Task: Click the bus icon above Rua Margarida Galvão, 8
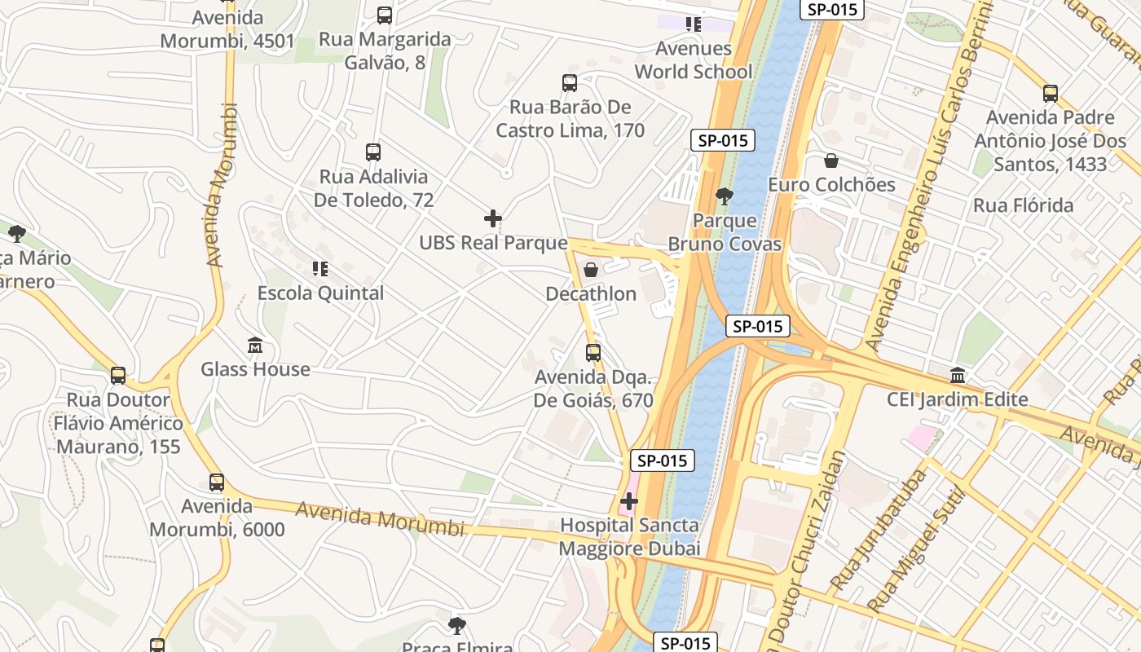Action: [x=385, y=15]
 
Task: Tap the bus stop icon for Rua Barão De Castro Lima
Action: [x=570, y=82]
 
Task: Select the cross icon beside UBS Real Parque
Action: [x=493, y=218]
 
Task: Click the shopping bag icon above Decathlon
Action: [x=591, y=269]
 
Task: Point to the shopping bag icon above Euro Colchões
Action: [x=831, y=161]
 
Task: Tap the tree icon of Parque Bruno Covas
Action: [x=723, y=196]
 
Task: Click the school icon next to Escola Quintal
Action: [x=320, y=268]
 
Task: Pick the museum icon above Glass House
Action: [x=255, y=345]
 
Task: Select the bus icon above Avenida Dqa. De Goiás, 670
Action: [x=593, y=353]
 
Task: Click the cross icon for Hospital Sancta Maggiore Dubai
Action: [x=629, y=501]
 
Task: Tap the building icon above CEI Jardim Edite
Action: [x=958, y=376]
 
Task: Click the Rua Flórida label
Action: [x=1023, y=205]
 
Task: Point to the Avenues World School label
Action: [x=694, y=60]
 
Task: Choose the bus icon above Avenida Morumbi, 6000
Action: [x=217, y=482]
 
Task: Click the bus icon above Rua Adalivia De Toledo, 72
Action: [x=373, y=152]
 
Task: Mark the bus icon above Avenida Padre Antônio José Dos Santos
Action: [x=1051, y=94]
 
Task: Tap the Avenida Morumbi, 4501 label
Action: [x=217, y=29]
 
